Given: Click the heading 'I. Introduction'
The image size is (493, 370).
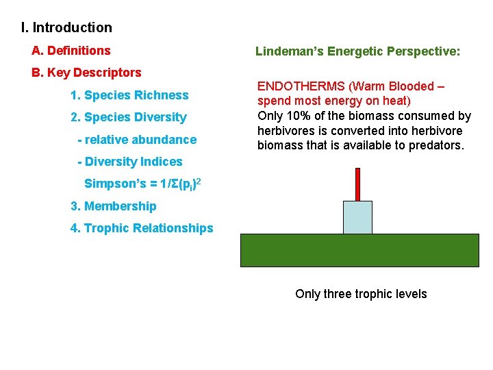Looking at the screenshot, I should point(66,28).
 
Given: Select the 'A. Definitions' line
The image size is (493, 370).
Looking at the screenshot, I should point(71,51).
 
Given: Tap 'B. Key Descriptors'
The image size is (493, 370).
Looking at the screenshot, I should point(86,73).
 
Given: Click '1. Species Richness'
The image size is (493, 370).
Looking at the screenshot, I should point(129,95).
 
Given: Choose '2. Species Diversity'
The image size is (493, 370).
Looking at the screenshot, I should point(129,117).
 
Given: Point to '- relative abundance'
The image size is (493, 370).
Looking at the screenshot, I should point(137,140).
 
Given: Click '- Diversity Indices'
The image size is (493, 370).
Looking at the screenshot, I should point(130,162).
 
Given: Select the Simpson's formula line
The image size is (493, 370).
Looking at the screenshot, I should point(142,184).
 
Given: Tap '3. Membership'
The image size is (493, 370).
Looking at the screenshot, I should point(114,206).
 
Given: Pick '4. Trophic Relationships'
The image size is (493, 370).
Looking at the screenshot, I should point(142,228).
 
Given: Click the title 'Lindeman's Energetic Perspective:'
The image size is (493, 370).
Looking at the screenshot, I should point(357,51).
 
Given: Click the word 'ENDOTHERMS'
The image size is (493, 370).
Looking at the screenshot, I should point(301,86).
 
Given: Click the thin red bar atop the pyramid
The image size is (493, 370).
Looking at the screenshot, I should point(357,184).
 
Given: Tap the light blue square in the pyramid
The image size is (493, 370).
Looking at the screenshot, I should point(357,217).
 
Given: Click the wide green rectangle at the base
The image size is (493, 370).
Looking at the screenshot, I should point(359,250).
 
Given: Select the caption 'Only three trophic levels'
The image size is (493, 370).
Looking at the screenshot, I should point(361,294).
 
